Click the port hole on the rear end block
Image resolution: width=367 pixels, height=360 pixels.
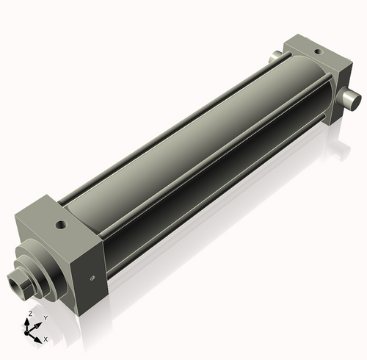click(317, 51)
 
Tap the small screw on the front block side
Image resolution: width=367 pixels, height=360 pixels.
click(92, 277)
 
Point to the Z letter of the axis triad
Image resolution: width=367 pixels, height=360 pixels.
click(29, 314)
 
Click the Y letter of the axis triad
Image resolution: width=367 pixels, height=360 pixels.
click(46, 318)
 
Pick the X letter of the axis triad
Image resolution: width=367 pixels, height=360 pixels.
click(46, 339)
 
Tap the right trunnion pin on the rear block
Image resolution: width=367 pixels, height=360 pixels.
click(351, 98)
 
